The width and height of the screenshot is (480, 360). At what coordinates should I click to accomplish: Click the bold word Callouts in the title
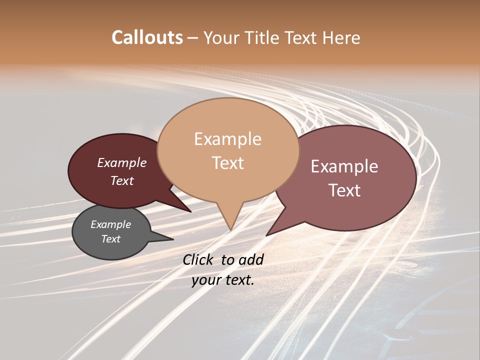click(147, 37)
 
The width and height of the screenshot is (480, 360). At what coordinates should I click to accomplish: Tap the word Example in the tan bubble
click(227, 139)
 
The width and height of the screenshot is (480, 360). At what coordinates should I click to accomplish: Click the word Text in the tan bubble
click(227, 163)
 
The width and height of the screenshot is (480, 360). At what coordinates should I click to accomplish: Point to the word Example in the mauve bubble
click(344, 166)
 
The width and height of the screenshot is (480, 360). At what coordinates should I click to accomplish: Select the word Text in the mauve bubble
click(344, 190)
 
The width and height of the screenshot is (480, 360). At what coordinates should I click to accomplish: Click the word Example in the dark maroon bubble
click(121, 163)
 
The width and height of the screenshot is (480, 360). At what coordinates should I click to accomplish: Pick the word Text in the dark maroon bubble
click(121, 181)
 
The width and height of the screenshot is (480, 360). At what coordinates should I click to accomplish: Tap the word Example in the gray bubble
click(110, 224)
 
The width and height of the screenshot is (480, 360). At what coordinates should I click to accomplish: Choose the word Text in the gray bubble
click(110, 239)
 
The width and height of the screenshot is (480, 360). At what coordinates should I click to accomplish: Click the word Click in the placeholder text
click(199, 259)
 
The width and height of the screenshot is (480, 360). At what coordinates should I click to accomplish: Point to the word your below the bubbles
click(206, 280)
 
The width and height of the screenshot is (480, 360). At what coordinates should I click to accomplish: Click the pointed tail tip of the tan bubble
click(230, 230)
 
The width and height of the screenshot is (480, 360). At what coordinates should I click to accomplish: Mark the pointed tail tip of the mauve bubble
click(266, 235)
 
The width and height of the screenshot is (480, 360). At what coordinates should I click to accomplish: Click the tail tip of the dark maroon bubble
click(191, 211)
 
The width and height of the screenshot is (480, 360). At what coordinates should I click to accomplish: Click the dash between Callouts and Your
click(193, 38)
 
